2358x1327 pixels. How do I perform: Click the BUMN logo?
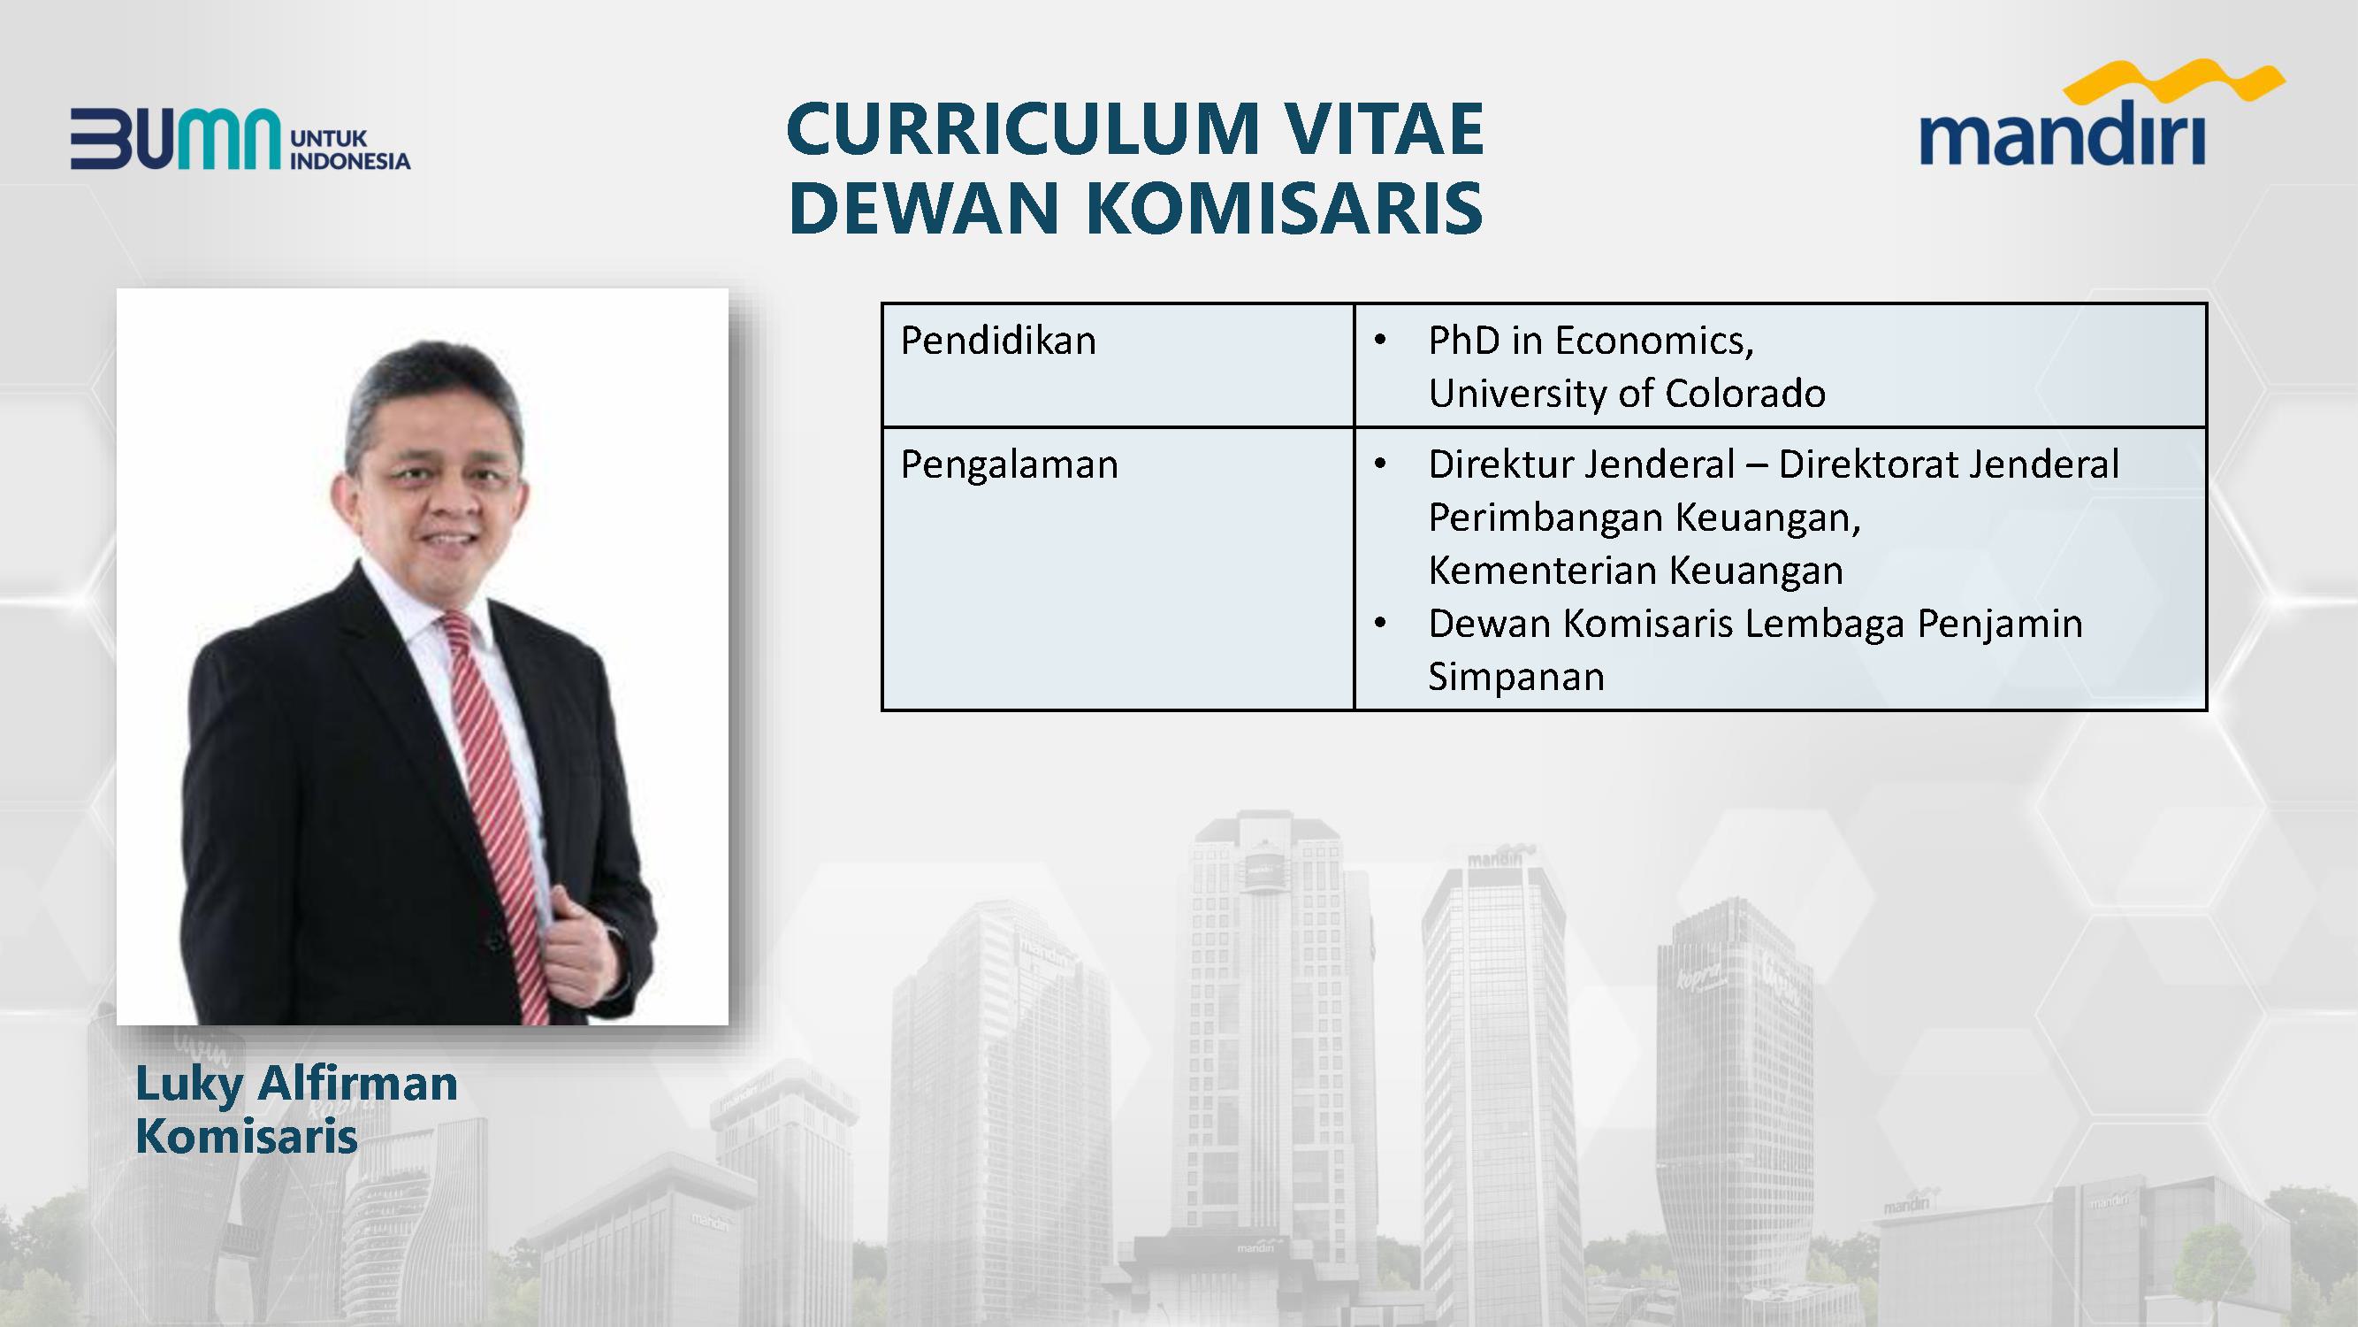click(x=240, y=139)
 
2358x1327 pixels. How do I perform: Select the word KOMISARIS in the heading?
click(x=1285, y=207)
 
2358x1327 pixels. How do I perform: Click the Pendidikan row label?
click(x=998, y=341)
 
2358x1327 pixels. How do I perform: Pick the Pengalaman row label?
click(x=1009, y=465)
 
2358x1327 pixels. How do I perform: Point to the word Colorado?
click(x=1744, y=394)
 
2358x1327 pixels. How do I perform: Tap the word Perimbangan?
click(x=1546, y=518)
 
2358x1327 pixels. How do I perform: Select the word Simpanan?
click(x=1515, y=677)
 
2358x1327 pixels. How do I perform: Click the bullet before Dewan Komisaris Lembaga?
click(x=1380, y=625)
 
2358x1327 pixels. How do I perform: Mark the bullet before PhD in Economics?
click(x=1380, y=341)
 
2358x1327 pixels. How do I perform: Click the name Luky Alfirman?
click(x=296, y=1085)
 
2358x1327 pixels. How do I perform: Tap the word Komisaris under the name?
click(x=247, y=1137)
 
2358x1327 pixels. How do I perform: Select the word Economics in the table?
click(x=1654, y=341)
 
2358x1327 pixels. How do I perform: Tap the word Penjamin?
click(x=2000, y=625)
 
